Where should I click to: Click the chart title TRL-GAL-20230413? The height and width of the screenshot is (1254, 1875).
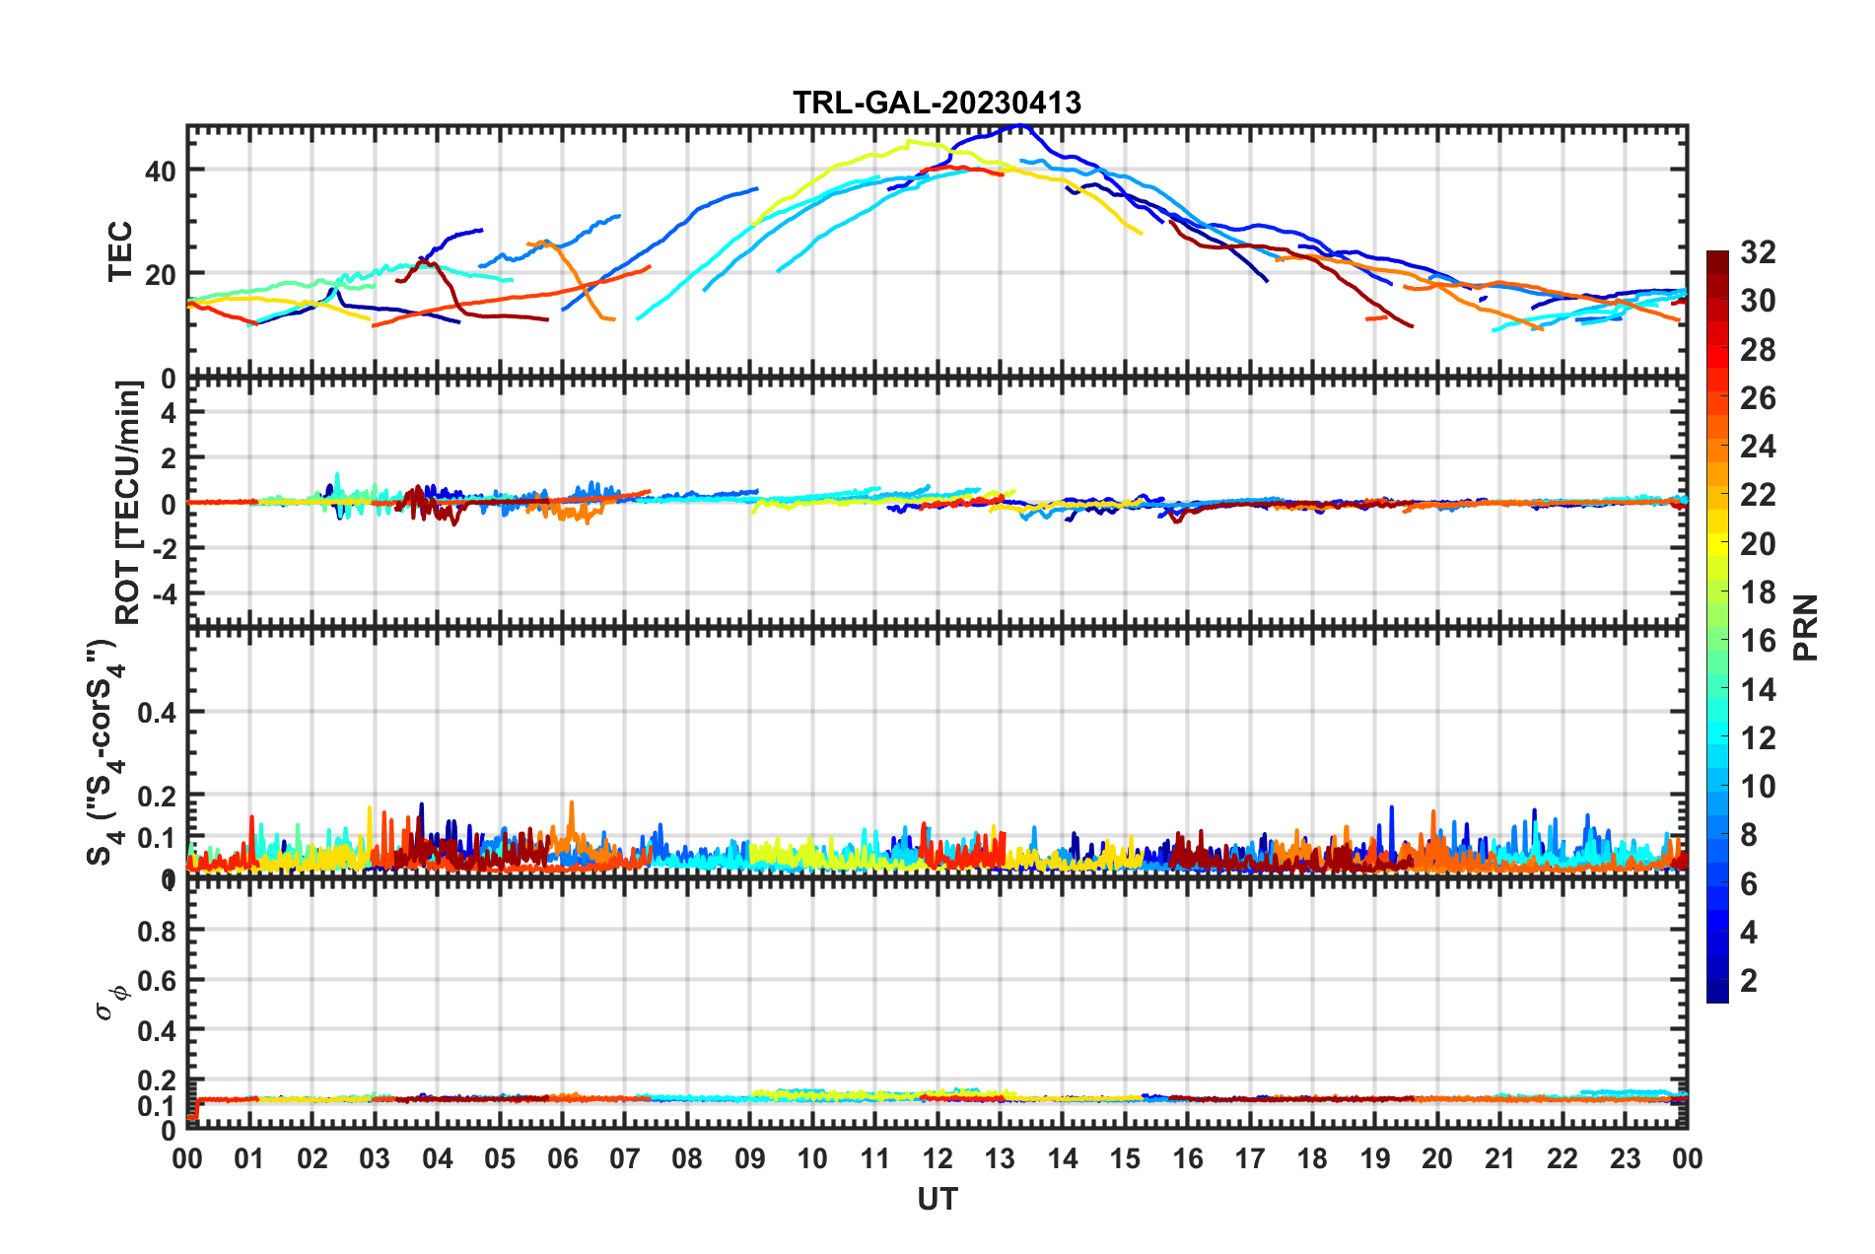(x=937, y=103)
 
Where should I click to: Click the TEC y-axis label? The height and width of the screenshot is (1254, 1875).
(x=120, y=251)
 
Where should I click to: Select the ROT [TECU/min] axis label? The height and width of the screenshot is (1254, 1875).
(x=128, y=502)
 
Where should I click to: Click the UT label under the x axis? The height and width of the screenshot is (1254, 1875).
(x=937, y=1199)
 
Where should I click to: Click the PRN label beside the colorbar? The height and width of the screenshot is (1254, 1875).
(x=1806, y=627)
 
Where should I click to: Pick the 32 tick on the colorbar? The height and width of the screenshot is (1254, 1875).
(x=1758, y=252)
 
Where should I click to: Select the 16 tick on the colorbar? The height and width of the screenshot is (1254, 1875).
(x=1758, y=641)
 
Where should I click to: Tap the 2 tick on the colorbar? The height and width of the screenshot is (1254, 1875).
(x=1749, y=980)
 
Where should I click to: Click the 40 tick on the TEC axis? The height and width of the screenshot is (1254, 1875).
(x=160, y=171)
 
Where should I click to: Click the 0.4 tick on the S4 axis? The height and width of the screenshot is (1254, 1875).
(x=156, y=712)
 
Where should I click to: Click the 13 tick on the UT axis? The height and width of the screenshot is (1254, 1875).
(x=1000, y=1158)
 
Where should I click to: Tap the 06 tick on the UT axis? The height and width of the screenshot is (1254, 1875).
(x=562, y=1158)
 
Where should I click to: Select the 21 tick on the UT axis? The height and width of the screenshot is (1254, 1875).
(x=1499, y=1158)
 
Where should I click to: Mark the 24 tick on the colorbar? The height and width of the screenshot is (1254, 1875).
(x=1758, y=447)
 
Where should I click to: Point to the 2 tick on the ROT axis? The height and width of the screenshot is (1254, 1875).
(x=168, y=457)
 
